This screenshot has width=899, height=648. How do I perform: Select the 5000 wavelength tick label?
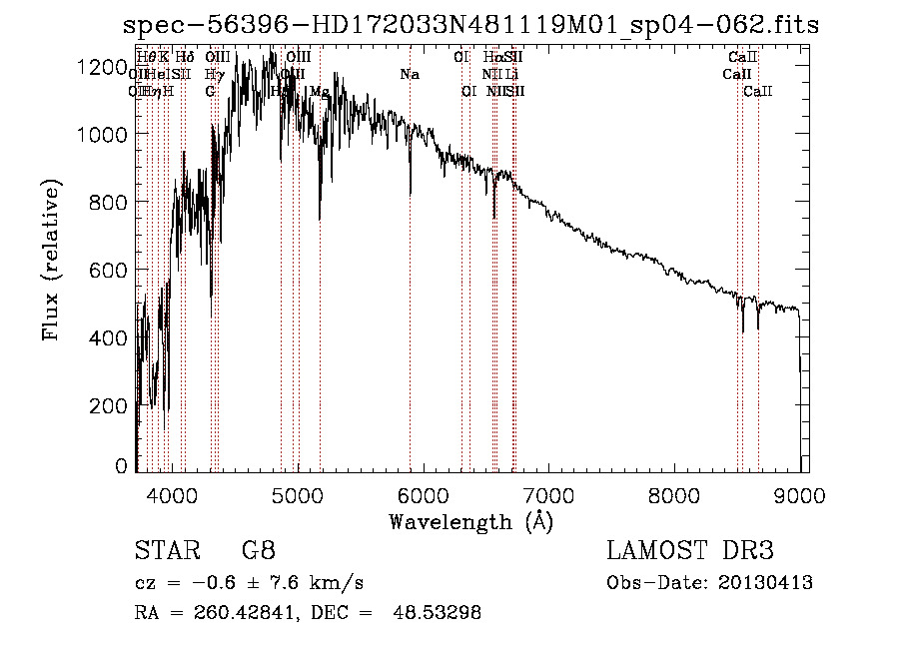click(x=297, y=493)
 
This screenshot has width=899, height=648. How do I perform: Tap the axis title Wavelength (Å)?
click(x=470, y=521)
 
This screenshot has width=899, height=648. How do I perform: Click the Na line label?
click(x=410, y=74)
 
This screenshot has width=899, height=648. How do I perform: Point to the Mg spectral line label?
click(x=319, y=91)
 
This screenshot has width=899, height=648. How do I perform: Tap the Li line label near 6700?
click(x=511, y=74)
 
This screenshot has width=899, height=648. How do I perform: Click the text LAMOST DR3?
click(x=690, y=551)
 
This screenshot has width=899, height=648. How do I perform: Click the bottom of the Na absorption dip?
click(x=410, y=195)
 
